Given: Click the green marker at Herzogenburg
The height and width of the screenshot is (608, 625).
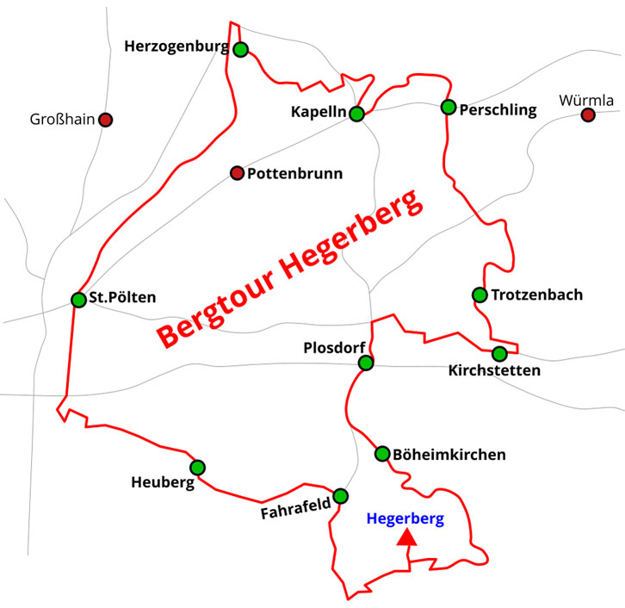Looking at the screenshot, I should (x=240, y=49).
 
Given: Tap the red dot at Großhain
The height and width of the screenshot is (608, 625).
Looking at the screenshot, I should (x=105, y=119).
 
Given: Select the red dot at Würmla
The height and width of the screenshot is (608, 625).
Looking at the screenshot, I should (x=588, y=115).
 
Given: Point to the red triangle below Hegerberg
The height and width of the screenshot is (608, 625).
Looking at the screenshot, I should (x=406, y=539).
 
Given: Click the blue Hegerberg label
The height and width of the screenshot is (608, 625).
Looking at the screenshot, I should (x=405, y=518).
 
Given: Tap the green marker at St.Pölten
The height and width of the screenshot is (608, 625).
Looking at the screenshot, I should (x=78, y=300).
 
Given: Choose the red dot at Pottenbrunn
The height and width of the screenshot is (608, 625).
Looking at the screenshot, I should (x=237, y=173).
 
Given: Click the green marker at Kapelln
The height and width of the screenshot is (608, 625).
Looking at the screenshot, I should (x=357, y=113).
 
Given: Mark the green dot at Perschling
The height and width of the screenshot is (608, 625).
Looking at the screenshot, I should (x=448, y=107).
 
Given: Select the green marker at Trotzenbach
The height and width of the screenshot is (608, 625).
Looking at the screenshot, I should (x=480, y=295).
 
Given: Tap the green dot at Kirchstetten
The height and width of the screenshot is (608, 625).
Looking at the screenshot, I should (x=499, y=353).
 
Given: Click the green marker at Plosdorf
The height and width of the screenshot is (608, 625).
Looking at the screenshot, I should (x=366, y=363).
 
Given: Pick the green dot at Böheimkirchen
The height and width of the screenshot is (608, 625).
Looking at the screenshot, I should (x=382, y=453).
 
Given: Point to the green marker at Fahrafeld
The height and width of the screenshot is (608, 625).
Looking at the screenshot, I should (x=341, y=495).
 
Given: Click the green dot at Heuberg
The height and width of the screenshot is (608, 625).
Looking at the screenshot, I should (x=197, y=467).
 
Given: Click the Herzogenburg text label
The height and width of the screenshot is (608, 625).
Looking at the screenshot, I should (x=176, y=46).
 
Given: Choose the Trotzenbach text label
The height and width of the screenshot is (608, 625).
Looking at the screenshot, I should (x=536, y=295).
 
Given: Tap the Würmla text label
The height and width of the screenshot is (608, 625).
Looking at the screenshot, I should (x=586, y=100).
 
